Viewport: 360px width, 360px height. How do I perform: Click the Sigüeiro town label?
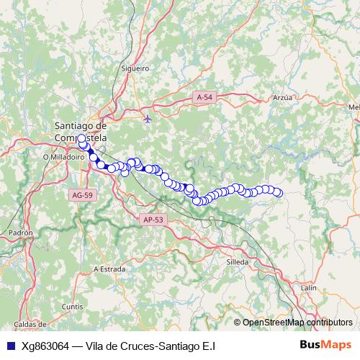[x=135, y=68]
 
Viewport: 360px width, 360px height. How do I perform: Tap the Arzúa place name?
[x=283, y=96]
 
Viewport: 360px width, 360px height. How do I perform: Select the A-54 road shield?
[x=204, y=96]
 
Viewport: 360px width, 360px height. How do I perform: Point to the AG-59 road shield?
[x=83, y=195]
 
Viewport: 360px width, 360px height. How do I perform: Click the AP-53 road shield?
[x=153, y=220]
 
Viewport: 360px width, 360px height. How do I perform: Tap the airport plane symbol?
[x=148, y=118]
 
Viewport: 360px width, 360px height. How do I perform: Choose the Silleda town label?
[x=237, y=261]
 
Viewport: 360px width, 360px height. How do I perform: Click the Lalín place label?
[x=309, y=287]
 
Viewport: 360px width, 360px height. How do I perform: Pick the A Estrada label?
[x=110, y=269]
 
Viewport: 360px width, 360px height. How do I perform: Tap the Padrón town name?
[x=21, y=233]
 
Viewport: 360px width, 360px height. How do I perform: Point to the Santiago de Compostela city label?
[x=81, y=131]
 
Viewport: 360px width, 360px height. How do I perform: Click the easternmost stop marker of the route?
[x=278, y=192]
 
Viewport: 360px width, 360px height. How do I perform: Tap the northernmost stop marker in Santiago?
[x=81, y=139]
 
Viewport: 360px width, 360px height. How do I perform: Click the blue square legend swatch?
[x=10, y=346]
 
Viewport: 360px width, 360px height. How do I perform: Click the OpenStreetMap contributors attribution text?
[x=297, y=323]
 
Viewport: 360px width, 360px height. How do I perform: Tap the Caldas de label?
[x=30, y=325]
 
